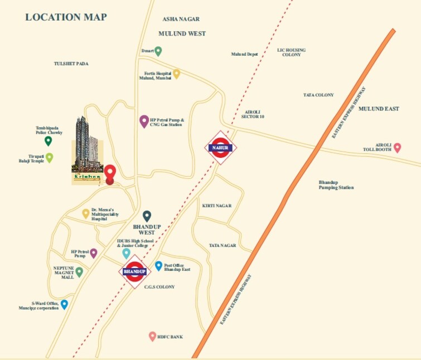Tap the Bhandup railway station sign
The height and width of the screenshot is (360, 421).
click(134, 271)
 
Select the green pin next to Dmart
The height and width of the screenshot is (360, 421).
click(158, 51)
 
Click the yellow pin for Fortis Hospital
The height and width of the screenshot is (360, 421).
click(176, 74)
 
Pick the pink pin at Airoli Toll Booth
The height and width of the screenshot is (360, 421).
click(397, 148)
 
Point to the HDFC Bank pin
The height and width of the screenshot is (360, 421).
click(152, 336)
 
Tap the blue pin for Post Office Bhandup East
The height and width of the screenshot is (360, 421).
click(158, 266)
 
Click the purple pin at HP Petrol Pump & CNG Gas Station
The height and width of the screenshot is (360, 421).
click(144, 121)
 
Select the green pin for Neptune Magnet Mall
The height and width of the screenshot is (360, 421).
click(79, 272)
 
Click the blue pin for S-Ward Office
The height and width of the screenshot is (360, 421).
click(64, 304)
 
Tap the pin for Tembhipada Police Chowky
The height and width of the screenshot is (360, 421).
click(49, 141)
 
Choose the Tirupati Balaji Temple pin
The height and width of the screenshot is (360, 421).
click(50, 158)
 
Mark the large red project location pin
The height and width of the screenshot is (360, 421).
click(110, 173)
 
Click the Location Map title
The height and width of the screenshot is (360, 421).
click(66, 17)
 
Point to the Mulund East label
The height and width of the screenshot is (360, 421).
click(379, 109)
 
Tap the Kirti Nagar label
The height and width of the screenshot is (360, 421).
click(216, 206)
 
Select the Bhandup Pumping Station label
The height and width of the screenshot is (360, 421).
click(336, 185)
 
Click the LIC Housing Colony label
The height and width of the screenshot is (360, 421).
click(292, 52)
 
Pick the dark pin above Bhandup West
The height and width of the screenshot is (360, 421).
click(147, 216)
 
